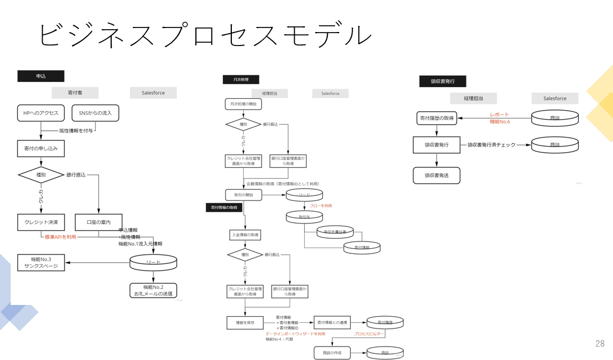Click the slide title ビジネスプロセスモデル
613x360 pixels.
[x=205, y=35]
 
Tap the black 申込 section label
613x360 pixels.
[x=41, y=76]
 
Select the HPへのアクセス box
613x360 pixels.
[x=41, y=113]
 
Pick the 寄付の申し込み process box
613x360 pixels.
[x=41, y=149]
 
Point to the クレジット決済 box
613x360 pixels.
[x=41, y=222]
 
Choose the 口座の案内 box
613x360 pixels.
[x=98, y=222]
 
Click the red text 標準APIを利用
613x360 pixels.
[x=61, y=237]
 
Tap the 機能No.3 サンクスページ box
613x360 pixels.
[x=41, y=262]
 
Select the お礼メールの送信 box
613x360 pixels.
[x=153, y=290]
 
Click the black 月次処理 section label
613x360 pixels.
[x=241, y=80]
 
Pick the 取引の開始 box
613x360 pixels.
[x=244, y=195]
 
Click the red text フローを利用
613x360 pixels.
[x=321, y=206]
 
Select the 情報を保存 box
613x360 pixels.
[x=245, y=322]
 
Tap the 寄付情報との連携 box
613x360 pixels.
[x=332, y=322]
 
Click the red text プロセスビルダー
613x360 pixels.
[x=369, y=334]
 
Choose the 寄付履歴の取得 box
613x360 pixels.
[x=437, y=118]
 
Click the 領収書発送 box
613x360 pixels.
[x=437, y=175]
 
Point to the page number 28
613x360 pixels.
[x=600, y=344]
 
